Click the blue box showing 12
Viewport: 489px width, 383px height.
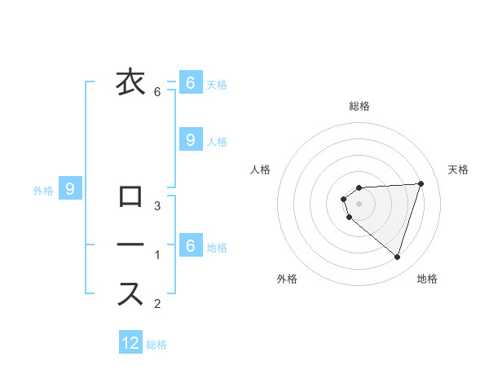click(130, 343)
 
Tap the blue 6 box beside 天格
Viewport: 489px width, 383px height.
click(190, 83)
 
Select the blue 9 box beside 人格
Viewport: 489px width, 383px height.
click(190, 140)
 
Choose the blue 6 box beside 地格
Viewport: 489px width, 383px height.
click(190, 244)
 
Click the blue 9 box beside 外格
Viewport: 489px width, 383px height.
click(70, 190)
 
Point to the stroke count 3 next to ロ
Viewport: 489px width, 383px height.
click(157, 205)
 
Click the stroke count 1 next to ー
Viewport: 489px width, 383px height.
click(157, 255)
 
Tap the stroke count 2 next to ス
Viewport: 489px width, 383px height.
click(157, 304)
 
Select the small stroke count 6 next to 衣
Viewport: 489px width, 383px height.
click(157, 92)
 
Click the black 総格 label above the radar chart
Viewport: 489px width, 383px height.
click(359, 106)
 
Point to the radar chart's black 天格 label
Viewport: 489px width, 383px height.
click(459, 169)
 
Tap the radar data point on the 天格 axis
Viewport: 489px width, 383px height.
click(421, 183)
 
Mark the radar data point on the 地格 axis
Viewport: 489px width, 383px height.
click(397, 258)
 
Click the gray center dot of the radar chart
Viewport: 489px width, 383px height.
click(359, 204)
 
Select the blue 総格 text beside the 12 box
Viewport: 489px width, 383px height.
click(156, 345)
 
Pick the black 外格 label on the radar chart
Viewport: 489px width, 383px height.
click(287, 279)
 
